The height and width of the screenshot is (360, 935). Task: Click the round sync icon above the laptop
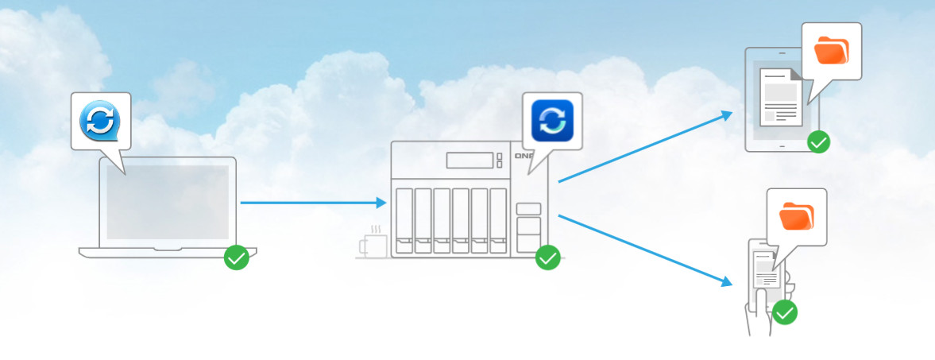(100, 121)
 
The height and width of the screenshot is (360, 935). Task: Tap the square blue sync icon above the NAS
(551, 120)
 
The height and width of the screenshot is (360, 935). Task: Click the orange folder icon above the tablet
(832, 51)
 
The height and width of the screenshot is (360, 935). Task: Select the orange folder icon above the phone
(797, 217)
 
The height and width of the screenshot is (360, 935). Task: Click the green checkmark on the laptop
(236, 257)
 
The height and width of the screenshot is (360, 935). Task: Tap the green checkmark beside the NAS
(547, 257)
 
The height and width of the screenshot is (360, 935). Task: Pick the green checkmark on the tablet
(818, 143)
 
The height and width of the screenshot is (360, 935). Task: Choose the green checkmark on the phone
(785, 312)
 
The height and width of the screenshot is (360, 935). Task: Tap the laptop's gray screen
(167, 202)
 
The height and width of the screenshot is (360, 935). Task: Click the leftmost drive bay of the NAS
(404, 221)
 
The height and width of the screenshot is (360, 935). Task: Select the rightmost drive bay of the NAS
(498, 221)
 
